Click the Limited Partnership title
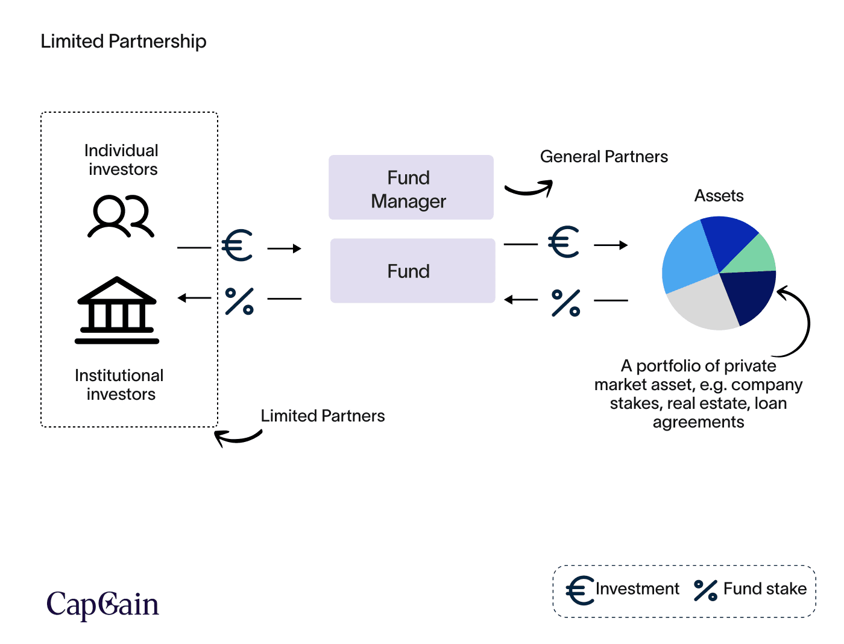(124, 42)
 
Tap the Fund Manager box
(411, 188)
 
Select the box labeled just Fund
(412, 271)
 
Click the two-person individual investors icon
(121, 216)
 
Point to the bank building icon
(117, 311)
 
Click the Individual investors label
(122, 160)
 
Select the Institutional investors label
(119, 385)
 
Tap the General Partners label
(603, 157)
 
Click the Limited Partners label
(323, 416)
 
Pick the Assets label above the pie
(719, 196)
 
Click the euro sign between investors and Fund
(238, 245)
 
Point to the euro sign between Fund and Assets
(564, 242)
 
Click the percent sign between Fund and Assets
(566, 303)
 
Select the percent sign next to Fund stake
(705, 590)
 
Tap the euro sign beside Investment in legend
(580, 590)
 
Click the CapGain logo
(102, 604)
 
